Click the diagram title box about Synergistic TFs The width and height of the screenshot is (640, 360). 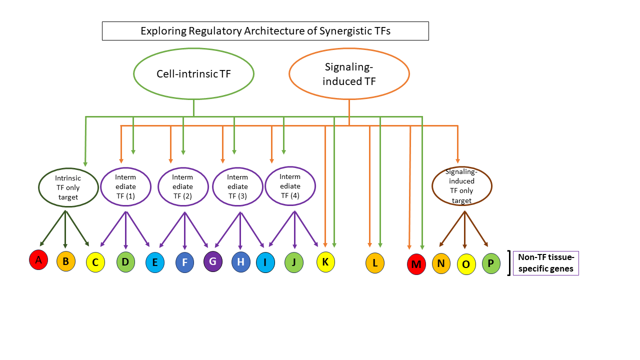tap(265, 31)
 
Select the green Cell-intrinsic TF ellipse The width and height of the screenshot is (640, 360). tap(193, 74)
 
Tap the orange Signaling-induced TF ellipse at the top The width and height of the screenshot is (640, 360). tap(349, 74)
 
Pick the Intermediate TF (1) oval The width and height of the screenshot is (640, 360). tap(125, 186)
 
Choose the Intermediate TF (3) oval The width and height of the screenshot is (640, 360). tap(237, 186)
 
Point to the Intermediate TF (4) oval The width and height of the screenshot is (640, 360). tap(290, 186)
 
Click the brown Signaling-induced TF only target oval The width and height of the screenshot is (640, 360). tap(461, 186)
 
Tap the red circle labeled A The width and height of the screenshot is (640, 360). tap(38, 259)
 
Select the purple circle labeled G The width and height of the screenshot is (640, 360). tap(213, 261)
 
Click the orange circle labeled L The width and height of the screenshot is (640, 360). tap(375, 263)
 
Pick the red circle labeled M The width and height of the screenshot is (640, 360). tap(416, 264)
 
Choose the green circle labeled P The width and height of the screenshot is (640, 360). tap(491, 263)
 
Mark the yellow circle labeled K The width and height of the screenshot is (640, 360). tap(325, 261)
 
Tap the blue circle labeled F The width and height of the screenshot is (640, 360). tap(184, 262)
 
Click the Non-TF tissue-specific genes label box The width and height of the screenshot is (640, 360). tap(545, 263)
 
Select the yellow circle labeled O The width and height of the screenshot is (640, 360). tap(466, 264)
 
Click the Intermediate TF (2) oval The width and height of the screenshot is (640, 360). tap(182, 186)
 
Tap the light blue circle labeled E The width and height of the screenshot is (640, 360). tap(155, 262)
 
